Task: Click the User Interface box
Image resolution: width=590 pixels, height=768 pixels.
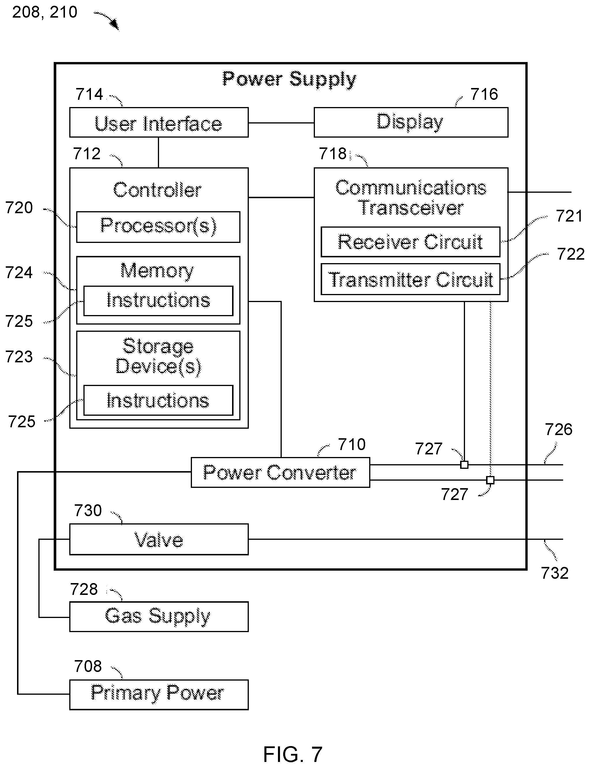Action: (159, 122)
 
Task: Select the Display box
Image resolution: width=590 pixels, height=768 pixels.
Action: (411, 122)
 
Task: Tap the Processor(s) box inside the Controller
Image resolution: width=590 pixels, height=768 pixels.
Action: (158, 227)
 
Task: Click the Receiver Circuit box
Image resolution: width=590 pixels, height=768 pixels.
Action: (410, 242)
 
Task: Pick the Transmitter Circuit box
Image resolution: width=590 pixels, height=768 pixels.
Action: (410, 279)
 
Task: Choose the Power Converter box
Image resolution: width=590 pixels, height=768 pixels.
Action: (280, 472)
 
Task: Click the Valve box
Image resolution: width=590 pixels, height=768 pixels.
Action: (159, 540)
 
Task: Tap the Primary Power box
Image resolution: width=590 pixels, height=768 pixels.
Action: (159, 695)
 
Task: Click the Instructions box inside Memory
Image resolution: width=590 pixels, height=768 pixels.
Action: (158, 301)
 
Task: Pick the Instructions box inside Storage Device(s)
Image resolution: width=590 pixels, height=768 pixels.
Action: (158, 400)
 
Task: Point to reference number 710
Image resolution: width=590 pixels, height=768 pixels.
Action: (352, 444)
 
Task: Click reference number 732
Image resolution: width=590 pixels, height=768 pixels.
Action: (554, 573)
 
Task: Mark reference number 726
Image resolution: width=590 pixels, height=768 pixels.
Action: (558, 429)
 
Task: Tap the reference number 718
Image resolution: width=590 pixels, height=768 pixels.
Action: (333, 154)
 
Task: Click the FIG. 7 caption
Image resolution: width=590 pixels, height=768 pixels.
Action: (293, 754)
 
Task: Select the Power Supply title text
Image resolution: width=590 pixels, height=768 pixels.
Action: (290, 79)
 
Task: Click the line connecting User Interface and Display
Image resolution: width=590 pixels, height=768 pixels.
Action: (281, 123)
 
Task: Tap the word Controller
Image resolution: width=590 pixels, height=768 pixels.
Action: (157, 190)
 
